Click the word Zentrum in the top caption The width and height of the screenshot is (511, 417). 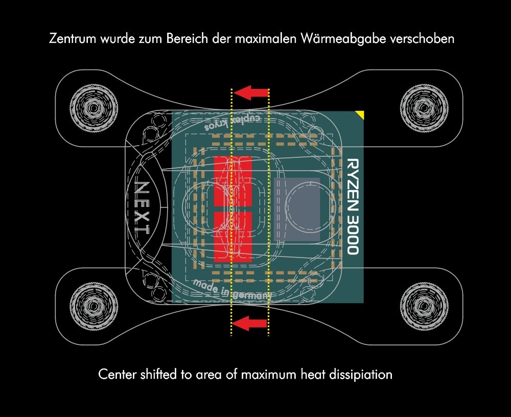pyautogui.click(x=73, y=38)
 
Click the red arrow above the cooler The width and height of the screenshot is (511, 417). pyautogui.click(x=251, y=92)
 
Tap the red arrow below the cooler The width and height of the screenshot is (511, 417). pyautogui.click(x=250, y=323)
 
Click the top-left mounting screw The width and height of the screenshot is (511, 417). pyautogui.click(x=94, y=108)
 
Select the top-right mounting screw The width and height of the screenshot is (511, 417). pyautogui.click(x=424, y=108)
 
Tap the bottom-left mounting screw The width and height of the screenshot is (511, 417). pyautogui.click(x=94, y=306)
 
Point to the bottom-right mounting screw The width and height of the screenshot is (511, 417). pyautogui.click(x=424, y=306)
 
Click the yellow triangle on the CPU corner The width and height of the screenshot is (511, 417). pyautogui.click(x=361, y=114)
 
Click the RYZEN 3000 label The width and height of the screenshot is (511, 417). pyautogui.click(x=353, y=206)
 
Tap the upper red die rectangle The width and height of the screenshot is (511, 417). pyautogui.click(x=233, y=181)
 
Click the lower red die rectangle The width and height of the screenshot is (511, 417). pyautogui.click(x=233, y=237)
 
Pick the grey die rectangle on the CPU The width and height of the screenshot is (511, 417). pyautogui.click(x=297, y=210)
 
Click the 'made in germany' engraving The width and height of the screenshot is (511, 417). pyautogui.click(x=231, y=289)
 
